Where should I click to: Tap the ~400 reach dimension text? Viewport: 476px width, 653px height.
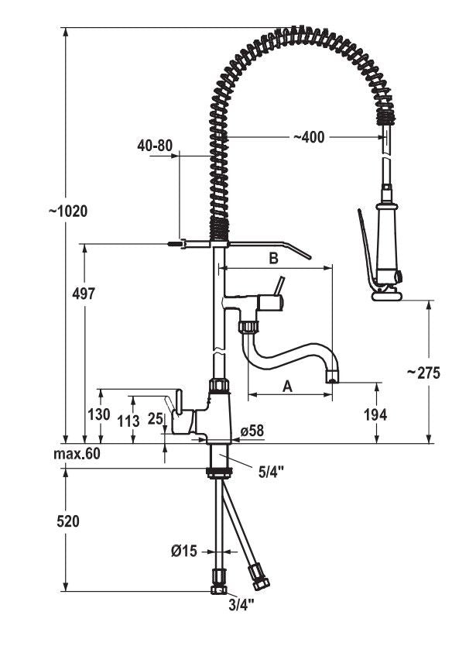[x=309, y=137]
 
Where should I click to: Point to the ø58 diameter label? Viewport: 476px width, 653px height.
[x=253, y=430]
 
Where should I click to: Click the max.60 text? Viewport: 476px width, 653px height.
[x=77, y=453]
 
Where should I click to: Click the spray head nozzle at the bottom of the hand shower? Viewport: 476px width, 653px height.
[x=386, y=292]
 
